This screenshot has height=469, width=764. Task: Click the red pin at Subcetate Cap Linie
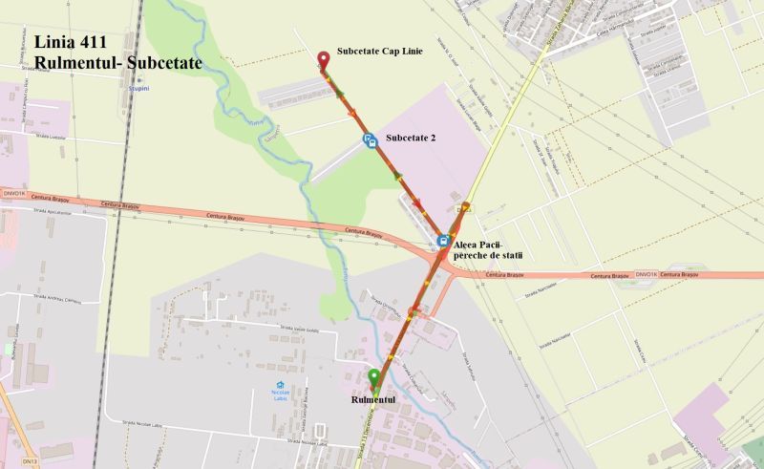pyautogui.click(x=323, y=61)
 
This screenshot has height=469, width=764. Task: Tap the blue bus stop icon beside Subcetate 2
pyautogui.click(x=369, y=140)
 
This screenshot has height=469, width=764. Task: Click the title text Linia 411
pyautogui.click(x=75, y=42)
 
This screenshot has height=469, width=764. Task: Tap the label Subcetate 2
pyautogui.click(x=411, y=138)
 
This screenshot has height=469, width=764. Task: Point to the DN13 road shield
pyautogui.click(x=31, y=462)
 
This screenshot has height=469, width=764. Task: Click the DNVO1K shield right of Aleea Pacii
pyautogui.click(x=646, y=274)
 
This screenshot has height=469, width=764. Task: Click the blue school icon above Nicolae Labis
pyautogui.click(x=280, y=384)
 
